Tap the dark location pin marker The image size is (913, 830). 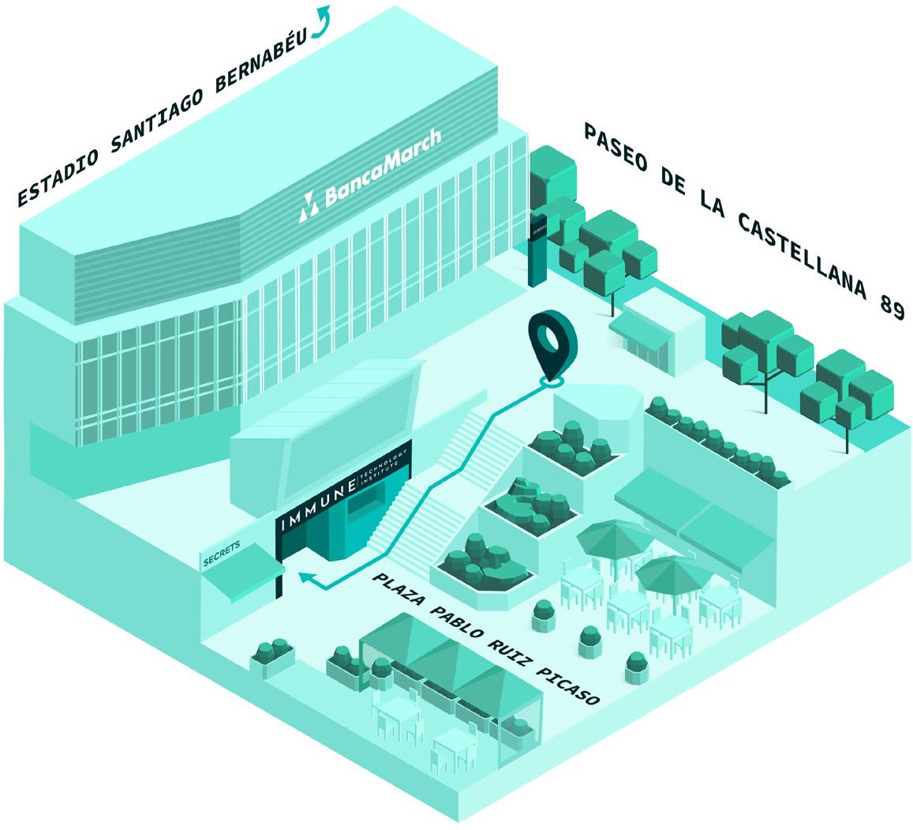point(548,345)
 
